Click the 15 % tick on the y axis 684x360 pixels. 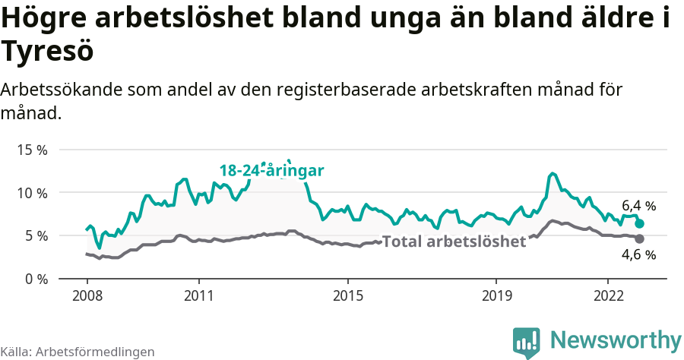pos(32,150)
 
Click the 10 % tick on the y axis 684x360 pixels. pos(32,193)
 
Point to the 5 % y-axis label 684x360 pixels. pos(35,236)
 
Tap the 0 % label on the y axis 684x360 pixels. pos(35,279)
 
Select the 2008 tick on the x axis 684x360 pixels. pos(87,295)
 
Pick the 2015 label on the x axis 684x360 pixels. pos(347,295)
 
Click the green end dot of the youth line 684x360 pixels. pos(640,224)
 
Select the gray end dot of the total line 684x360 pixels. pos(640,238)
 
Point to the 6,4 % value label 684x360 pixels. pos(638,206)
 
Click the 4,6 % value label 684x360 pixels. pos(638,255)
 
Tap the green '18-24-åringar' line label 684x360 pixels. pos(272,171)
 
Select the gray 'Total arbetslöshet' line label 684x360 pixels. pos(454,242)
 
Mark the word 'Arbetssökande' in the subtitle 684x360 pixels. pos(62,90)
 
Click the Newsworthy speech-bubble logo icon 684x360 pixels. pos(526,342)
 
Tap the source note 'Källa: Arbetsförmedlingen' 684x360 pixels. pos(78,352)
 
